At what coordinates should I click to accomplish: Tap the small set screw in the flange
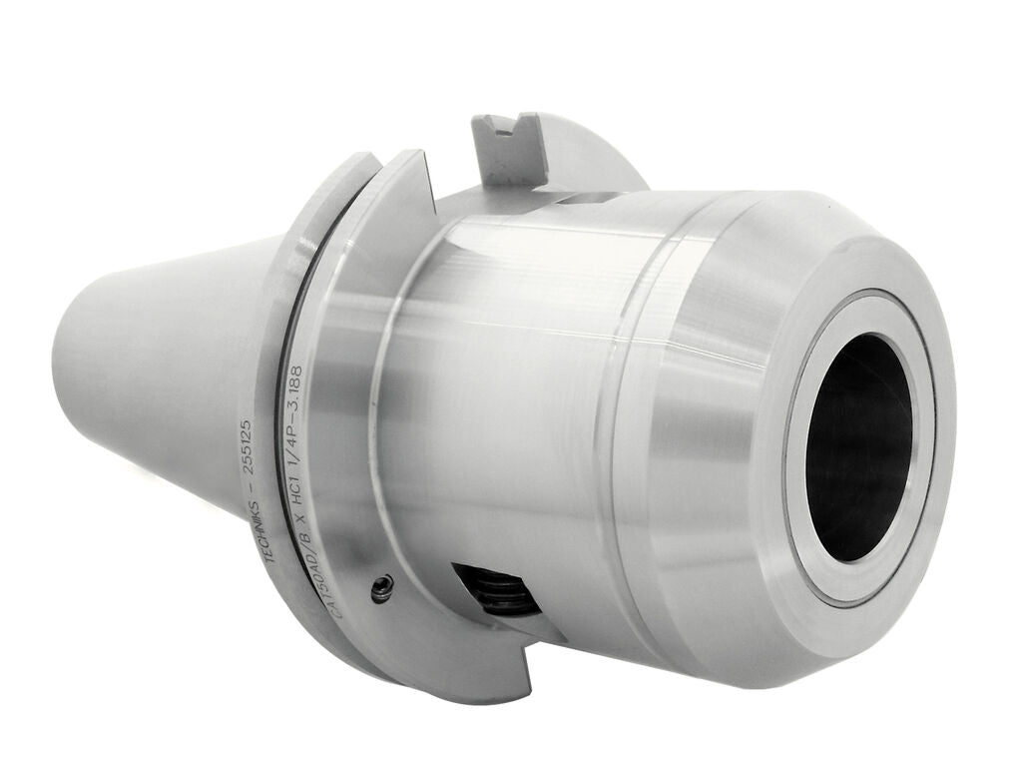pos(380,591)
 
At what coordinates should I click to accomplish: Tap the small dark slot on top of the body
pos(585,201)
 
